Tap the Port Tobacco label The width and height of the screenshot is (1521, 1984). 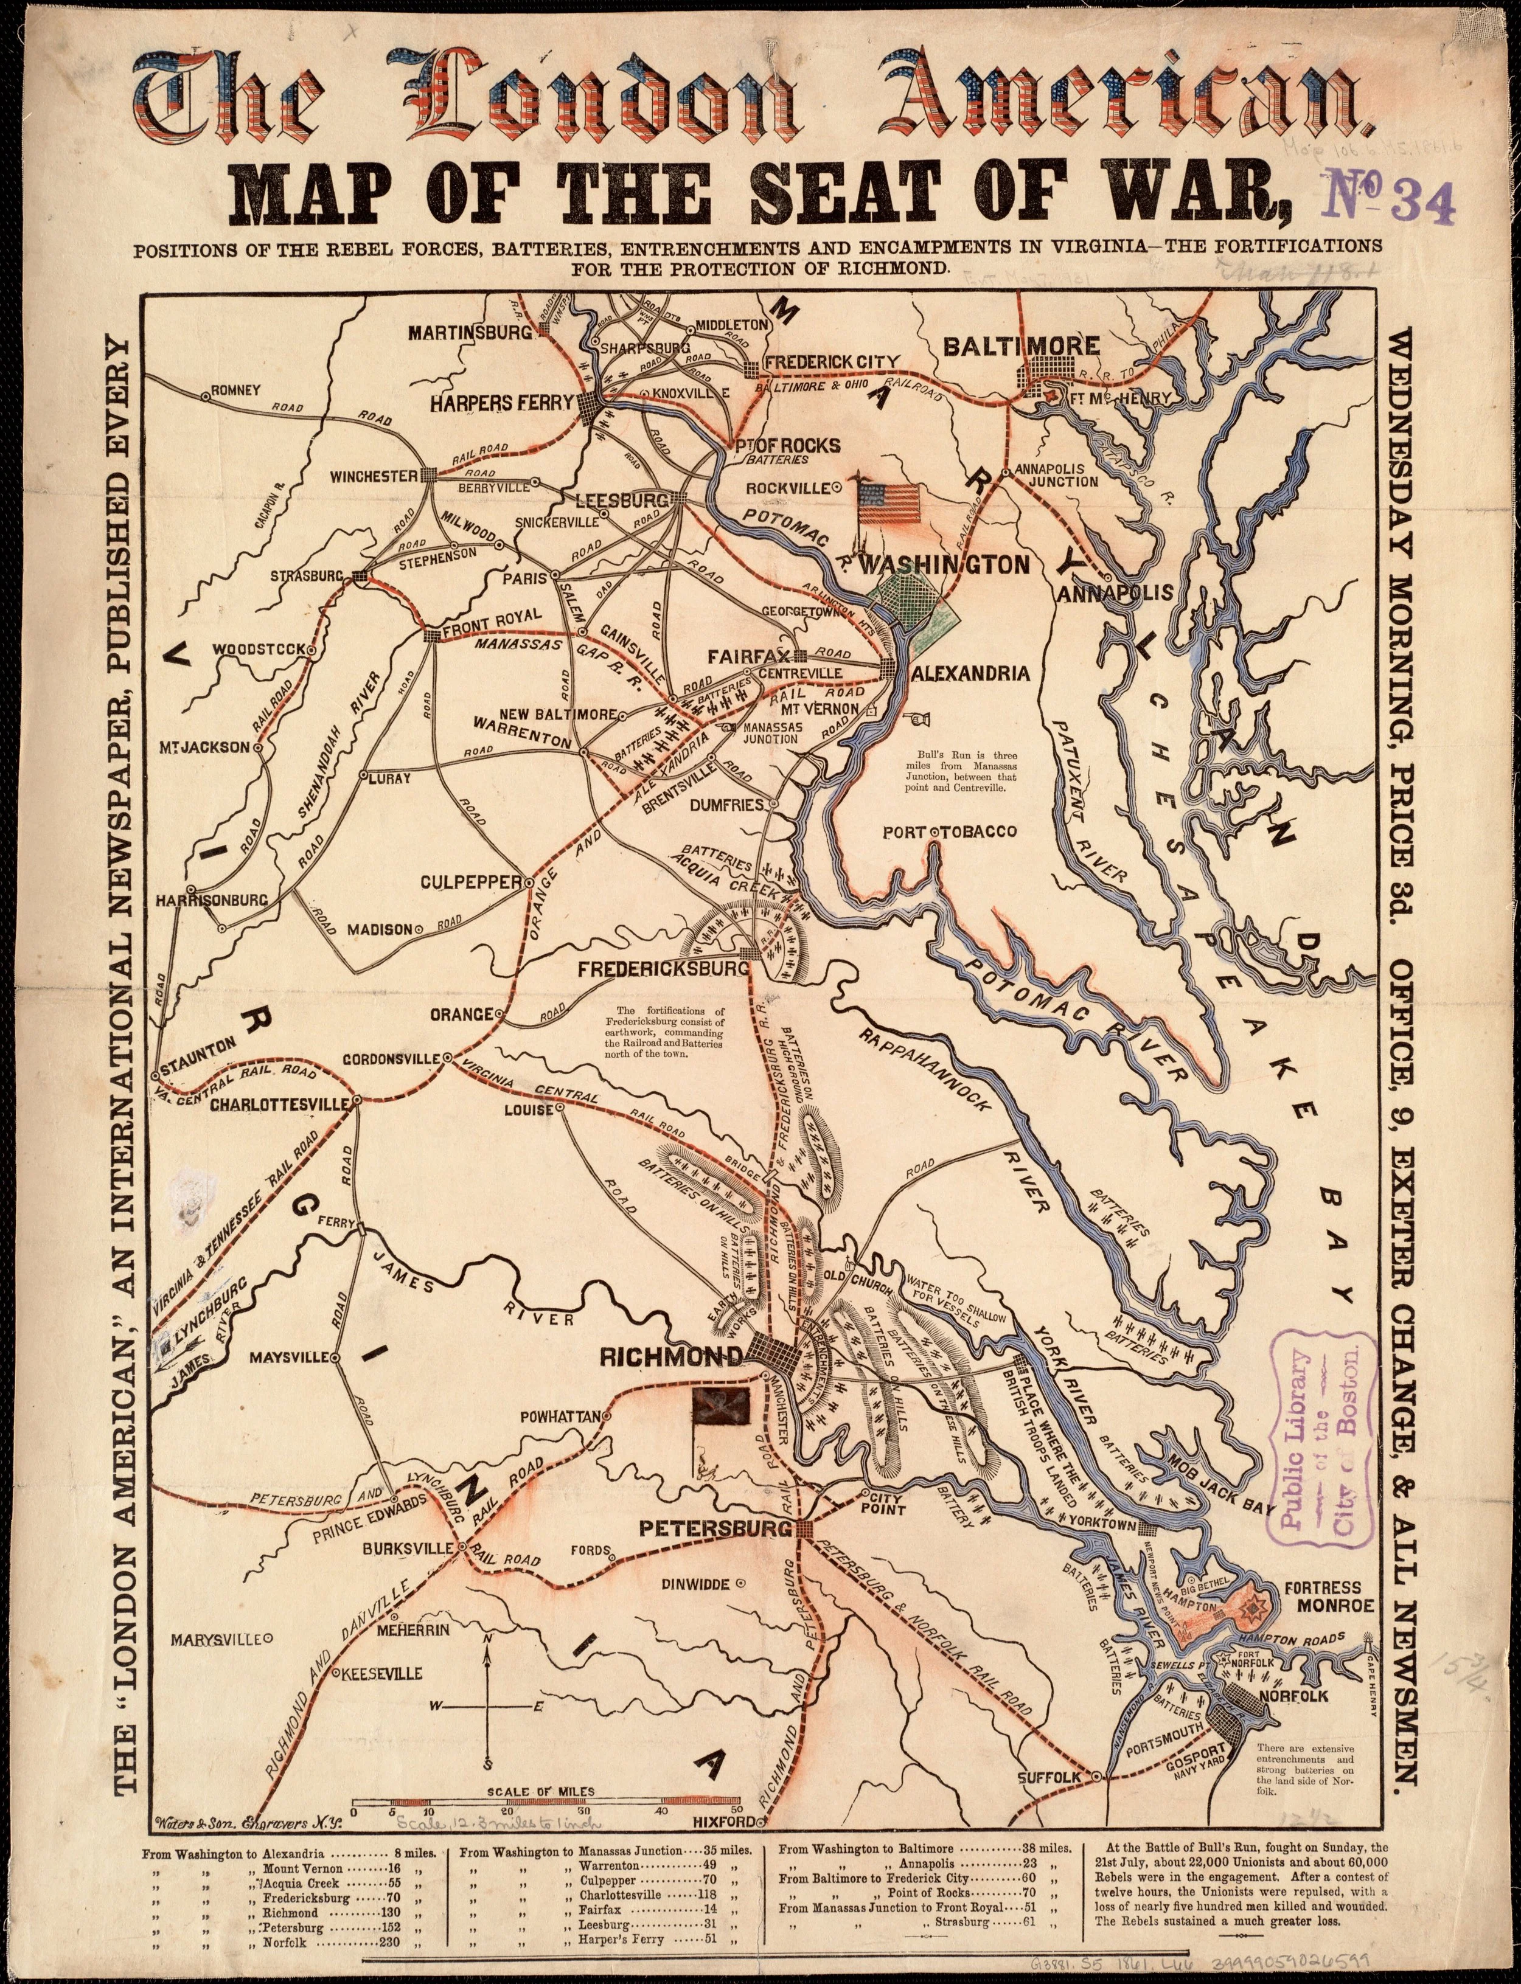click(950, 831)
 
